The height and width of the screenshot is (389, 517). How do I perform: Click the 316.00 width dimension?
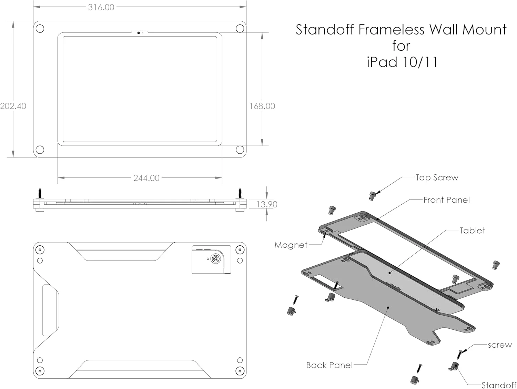click(101, 7)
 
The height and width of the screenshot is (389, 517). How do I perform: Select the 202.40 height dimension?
click(13, 106)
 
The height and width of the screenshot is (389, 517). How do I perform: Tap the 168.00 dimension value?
click(262, 106)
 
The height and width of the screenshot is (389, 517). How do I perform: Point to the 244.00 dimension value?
click(146, 178)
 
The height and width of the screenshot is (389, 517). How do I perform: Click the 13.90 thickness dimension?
click(267, 204)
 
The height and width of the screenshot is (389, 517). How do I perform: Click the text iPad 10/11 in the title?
click(402, 62)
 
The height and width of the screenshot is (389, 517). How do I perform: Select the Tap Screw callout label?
click(437, 177)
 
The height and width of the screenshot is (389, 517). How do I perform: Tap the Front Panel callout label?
click(446, 200)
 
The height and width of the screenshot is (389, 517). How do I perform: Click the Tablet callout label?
click(472, 231)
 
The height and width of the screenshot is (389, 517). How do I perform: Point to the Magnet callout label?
click(291, 245)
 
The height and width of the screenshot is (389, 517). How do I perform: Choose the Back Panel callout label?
click(329, 365)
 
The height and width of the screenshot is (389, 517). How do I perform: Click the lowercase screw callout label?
click(499, 345)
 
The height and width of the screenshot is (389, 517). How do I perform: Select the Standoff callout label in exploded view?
click(499, 385)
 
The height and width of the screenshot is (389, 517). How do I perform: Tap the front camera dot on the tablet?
click(139, 33)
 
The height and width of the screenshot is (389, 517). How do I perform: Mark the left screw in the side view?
click(40, 194)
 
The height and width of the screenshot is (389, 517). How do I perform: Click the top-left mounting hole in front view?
click(40, 29)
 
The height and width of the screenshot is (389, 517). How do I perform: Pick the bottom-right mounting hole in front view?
click(240, 150)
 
